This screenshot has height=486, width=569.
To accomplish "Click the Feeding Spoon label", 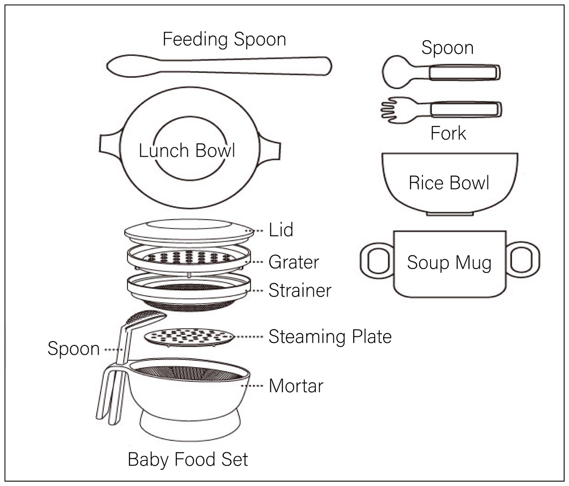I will click(224, 39).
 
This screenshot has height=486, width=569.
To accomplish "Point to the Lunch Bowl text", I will click(187, 151).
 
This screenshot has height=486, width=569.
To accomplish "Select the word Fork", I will click(448, 133).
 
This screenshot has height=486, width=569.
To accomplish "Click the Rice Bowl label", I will click(449, 183).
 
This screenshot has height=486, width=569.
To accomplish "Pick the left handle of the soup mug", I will click(376, 260).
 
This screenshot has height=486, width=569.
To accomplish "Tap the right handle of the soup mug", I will click(523, 260).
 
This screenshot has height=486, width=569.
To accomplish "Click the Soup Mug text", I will click(449, 263).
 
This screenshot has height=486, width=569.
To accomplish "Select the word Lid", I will click(281, 230).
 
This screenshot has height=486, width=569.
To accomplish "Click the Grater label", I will click(294, 261).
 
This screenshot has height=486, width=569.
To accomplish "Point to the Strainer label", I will click(300, 290).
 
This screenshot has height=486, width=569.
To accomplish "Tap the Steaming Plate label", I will click(330, 336).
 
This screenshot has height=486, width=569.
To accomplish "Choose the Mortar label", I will click(296, 386).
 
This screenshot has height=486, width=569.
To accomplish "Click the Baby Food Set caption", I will click(188, 459).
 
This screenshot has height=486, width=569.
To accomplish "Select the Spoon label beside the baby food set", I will click(73, 349).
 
